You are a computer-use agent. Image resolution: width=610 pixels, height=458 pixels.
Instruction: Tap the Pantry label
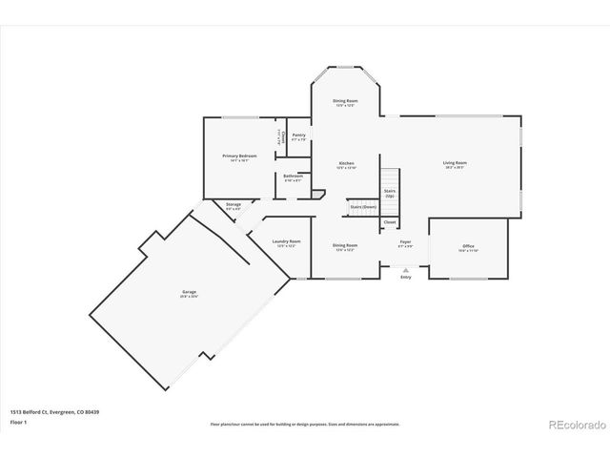pos(299,135)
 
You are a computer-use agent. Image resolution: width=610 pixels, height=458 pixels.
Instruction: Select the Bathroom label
pos(294,176)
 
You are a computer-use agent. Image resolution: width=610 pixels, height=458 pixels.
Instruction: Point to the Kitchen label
pos(347,164)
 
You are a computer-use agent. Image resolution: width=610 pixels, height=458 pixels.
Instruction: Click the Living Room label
pos(455,163)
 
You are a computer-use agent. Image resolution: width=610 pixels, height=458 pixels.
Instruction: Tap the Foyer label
pos(405,243)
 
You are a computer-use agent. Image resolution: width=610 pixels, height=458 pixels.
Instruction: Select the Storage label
pos(234,204)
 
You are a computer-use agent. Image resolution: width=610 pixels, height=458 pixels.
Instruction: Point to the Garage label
pos(190,293)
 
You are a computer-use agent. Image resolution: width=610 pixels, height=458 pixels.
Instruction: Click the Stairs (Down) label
pos(363,206)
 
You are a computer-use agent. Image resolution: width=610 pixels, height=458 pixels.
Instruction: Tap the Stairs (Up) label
pos(390,192)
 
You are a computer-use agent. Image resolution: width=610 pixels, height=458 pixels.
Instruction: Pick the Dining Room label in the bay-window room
pos(345,101)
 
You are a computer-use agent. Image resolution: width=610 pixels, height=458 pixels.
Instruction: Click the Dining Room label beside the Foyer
pos(345,245)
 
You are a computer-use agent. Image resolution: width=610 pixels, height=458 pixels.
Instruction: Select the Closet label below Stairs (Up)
pos(390,222)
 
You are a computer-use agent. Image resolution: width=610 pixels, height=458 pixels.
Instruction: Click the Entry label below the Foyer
pos(407,277)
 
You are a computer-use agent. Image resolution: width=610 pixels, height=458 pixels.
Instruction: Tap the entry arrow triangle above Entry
pos(407,268)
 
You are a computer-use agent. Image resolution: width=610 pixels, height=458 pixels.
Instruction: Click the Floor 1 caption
pos(18,421)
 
